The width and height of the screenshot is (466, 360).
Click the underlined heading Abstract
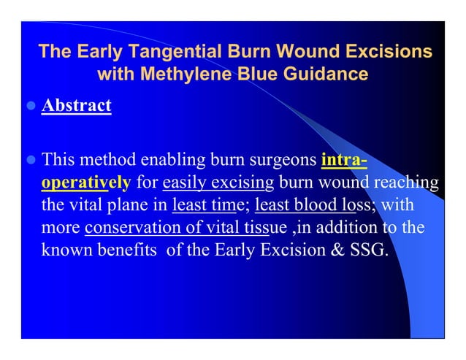tap(77, 106)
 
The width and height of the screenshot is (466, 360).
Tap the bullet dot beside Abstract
tap(31, 107)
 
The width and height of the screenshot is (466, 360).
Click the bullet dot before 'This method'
tap(31, 160)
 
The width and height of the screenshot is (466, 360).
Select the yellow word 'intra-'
tap(343, 159)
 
